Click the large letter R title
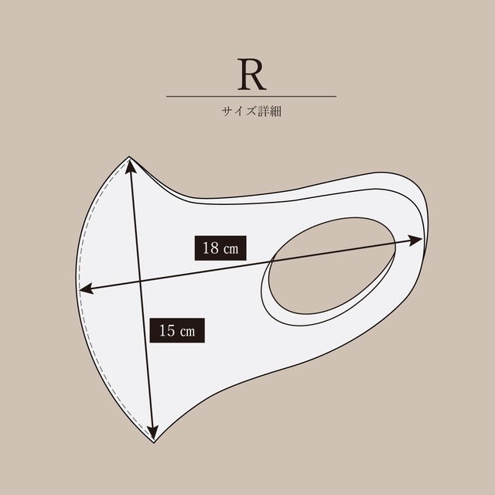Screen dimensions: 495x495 pyautogui.click(x=251, y=74)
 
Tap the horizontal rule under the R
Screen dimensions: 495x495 pyautogui.click(x=251, y=96)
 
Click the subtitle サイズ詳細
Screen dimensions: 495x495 pyautogui.click(x=251, y=111)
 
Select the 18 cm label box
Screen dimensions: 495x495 pyautogui.click(x=220, y=248)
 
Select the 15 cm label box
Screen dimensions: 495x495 pyautogui.click(x=177, y=330)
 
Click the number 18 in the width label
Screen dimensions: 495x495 pyautogui.click(x=210, y=247)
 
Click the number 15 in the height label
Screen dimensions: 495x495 pyautogui.click(x=167, y=330)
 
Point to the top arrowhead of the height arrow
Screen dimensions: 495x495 pyautogui.click(x=131, y=165)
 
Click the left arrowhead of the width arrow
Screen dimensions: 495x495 pyautogui.click(x=85, y=288)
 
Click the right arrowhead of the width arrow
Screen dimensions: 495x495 pyautogui.click(x=416, y=241)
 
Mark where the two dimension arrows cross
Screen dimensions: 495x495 pyautogui.click(x=140, y=281)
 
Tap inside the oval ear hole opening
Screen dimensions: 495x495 pyautogui.click(x=332, y=266)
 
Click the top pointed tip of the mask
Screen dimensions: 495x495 pyautogui.click(x=129, y=156)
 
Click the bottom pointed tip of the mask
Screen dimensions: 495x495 pyautogui.click(x=154, y=442)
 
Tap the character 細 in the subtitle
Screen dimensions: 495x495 pyautogui.click(x=275, y=111)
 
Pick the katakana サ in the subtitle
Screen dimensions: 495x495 pyautogui.click(x=227, y=111)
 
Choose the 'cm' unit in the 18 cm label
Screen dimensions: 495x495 pyautogui.click(x=230, y=250)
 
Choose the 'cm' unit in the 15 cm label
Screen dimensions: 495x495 pyautogui.click(x=187, y=332)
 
